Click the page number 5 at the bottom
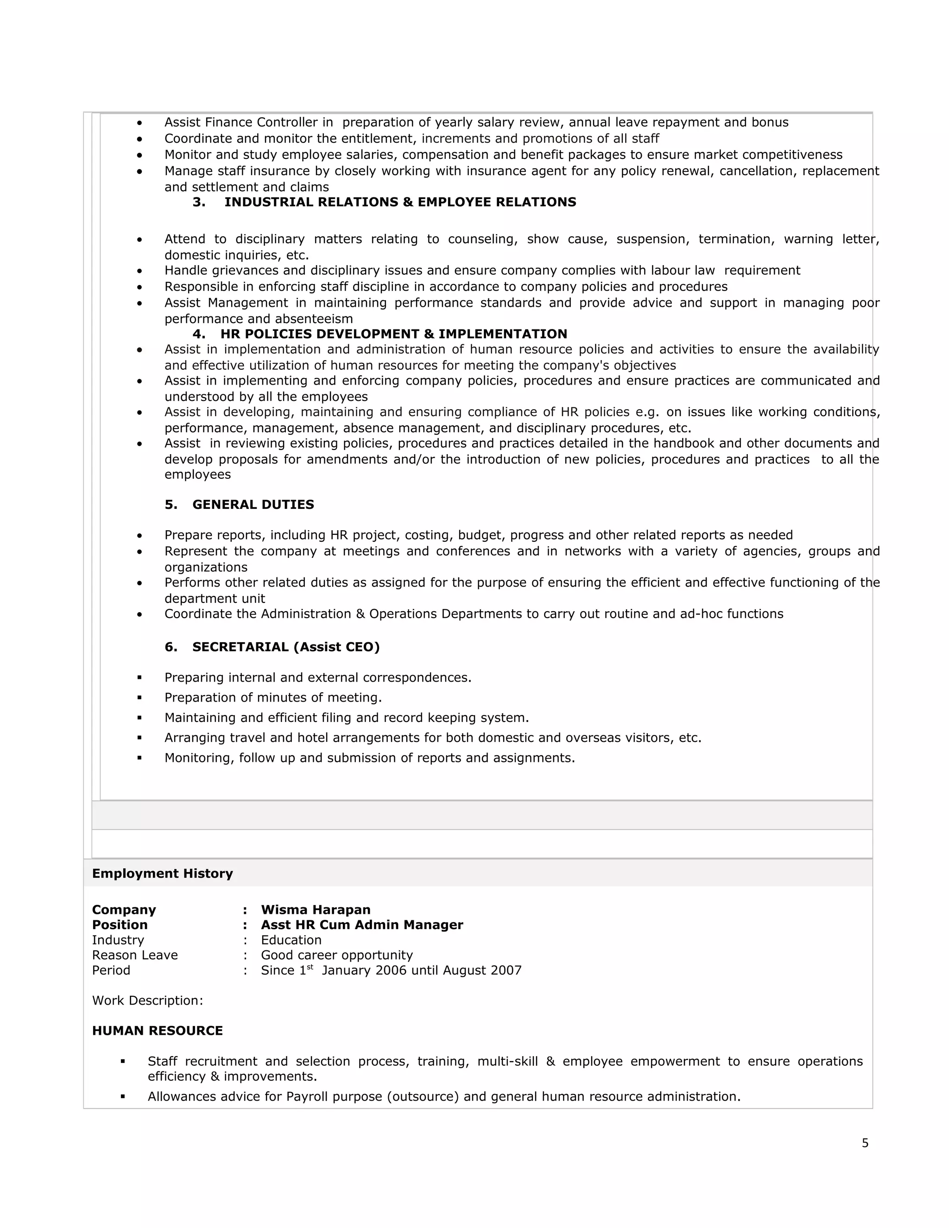click(865, 1143)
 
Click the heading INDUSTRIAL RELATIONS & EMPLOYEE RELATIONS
click(400, 203)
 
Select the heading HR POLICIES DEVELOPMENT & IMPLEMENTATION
click(393, 334)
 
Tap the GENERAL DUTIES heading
click(253, 504)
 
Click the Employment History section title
click(163, 873)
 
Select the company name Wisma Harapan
click(316, 910)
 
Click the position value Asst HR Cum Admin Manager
click(361, 925)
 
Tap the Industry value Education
click(291, 940)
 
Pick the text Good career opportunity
click(337, 956)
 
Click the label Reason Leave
click(135, 956)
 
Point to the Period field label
click(111, 970)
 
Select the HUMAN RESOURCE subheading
click(158, 1031)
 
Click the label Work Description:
click(147, 1001)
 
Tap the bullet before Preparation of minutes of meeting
click(139, 698)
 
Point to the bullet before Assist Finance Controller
click(139, 123)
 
